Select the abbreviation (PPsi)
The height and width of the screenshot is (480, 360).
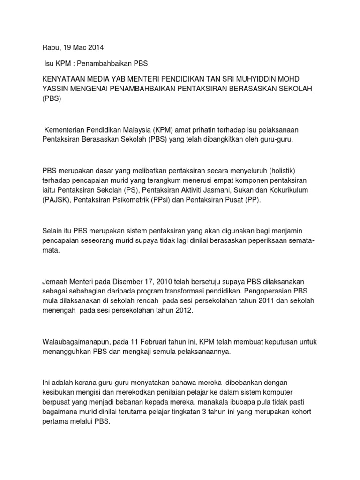point(168,200)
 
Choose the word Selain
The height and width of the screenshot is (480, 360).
point(53,230)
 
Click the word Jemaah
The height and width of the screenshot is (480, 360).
point(55,281)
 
